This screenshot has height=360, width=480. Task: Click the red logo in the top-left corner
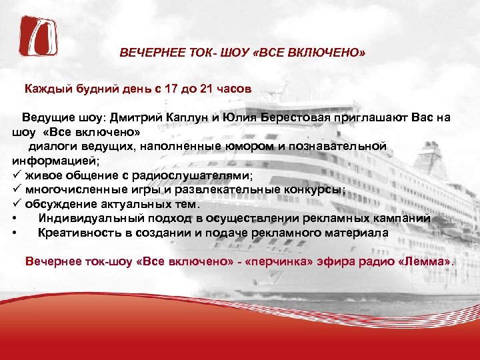click(38, 35)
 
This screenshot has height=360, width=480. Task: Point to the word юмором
click(250, 146)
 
